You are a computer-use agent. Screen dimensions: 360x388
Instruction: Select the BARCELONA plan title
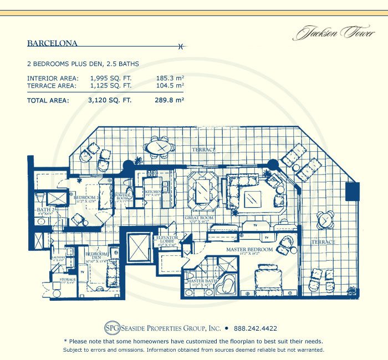[x=52, y=43]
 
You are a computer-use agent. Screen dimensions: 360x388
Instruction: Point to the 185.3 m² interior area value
[x=170, y=78]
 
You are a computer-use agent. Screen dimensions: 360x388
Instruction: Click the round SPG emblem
[x=112, y=328]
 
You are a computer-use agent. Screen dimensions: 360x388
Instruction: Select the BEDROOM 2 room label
[x=85, y=197]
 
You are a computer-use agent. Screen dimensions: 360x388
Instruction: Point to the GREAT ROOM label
[x=199, y=219]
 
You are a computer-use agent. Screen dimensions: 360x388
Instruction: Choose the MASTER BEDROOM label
[x=249, y=250]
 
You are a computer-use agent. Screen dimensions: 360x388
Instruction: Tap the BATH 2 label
[x=45, y=210]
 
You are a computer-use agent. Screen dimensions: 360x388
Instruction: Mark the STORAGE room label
[x=68, y=280]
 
